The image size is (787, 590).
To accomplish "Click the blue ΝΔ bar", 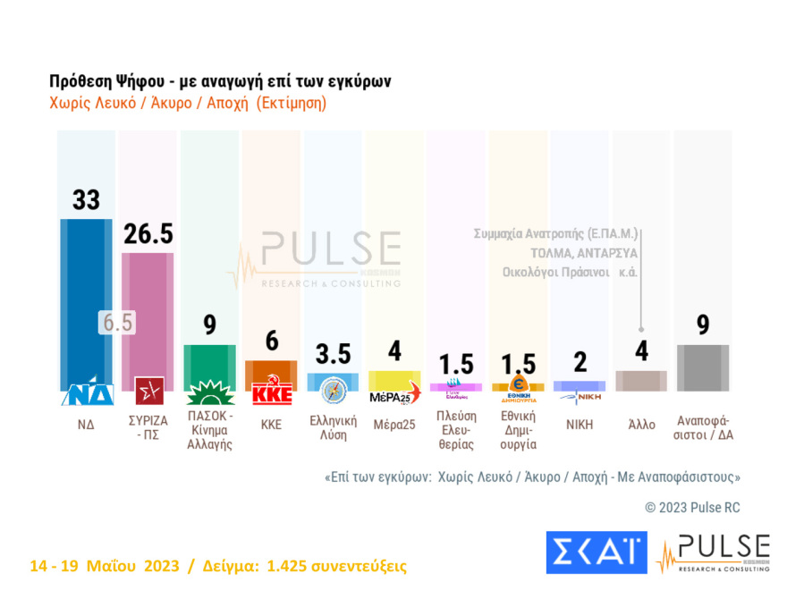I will pyautogui.click(x=86, y=295).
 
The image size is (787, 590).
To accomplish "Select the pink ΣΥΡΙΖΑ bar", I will pyautogui.click(x=148, y=313).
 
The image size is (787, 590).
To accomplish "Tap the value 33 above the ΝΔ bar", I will pyautogui.click(x=86, y=199).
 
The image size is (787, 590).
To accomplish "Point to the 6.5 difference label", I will pyautogui.click(x=116, y=323).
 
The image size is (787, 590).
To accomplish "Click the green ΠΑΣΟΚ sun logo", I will pyautogui.click(x=209, y=392).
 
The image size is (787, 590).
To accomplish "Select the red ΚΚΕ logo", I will pyautogui.click(x=271, y=393).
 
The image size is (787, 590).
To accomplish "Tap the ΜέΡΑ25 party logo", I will pyautogui.click(x=393, y=392).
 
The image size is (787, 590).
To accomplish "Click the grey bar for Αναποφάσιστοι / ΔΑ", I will pyautogui.click(x=702, y=367).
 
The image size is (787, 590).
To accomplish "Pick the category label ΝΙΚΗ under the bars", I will pyautogui.click(x=579, y=425).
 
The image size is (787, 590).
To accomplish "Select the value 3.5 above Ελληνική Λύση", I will pyautogui.click(x=332, y=353).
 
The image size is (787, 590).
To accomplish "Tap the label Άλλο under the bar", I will pyautogui.click(x=641, y=425).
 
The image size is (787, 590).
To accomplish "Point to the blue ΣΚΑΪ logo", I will pyautogui.click(x=596, y=552).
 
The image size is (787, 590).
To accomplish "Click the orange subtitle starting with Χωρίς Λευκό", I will pyautogui.click(x=188, y=103).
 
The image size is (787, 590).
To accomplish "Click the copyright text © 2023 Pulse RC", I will pyautogui.click(x=692, y=507).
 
